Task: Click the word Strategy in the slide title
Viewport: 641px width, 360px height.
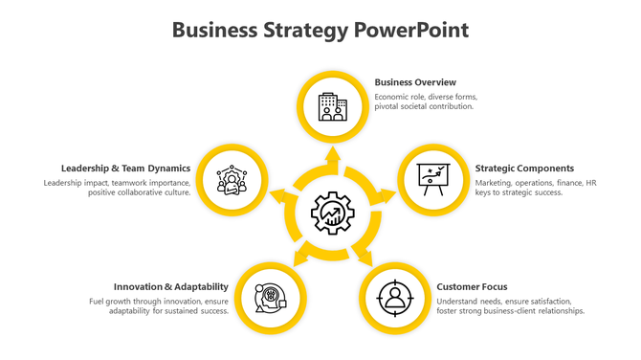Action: pos(301,31)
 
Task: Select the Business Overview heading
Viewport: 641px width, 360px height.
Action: pos(415,82)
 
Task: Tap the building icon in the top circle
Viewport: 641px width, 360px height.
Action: pos(333,106)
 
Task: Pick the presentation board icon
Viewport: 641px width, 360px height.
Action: pos(432,179)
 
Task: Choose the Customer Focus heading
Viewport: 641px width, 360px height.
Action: pos(472,286)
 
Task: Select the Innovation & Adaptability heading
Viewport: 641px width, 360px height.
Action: pos(171,286)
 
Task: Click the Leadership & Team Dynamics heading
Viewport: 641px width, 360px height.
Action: pos(126,168)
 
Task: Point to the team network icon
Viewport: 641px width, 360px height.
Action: pos(232,179)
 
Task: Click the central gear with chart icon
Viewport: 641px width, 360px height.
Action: pos(333,213)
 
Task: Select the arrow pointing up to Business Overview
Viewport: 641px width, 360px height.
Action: pos(333,155)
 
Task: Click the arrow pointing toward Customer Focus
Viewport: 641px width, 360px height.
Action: pos(365,255)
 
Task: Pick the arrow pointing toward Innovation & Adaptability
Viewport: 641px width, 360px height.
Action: pos(300,255)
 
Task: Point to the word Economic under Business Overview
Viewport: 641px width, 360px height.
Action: pos(392,97)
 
